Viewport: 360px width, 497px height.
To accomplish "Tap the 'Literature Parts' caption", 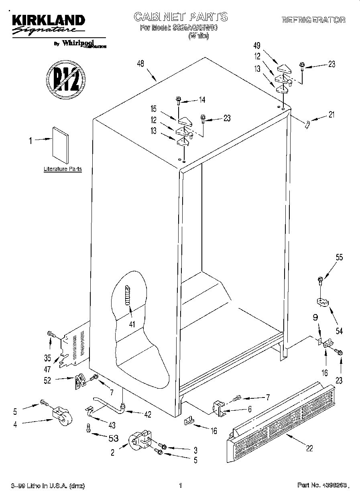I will tap(63, 169).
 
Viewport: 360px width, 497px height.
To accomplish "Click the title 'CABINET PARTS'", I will tap(180, 16).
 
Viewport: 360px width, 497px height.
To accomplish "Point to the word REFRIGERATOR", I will tap(313, 20).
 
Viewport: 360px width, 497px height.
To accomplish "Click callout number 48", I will tap(140, 63).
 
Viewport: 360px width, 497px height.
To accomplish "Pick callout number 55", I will tap(339, 258).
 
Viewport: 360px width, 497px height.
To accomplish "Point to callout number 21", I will tap(331, 115).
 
